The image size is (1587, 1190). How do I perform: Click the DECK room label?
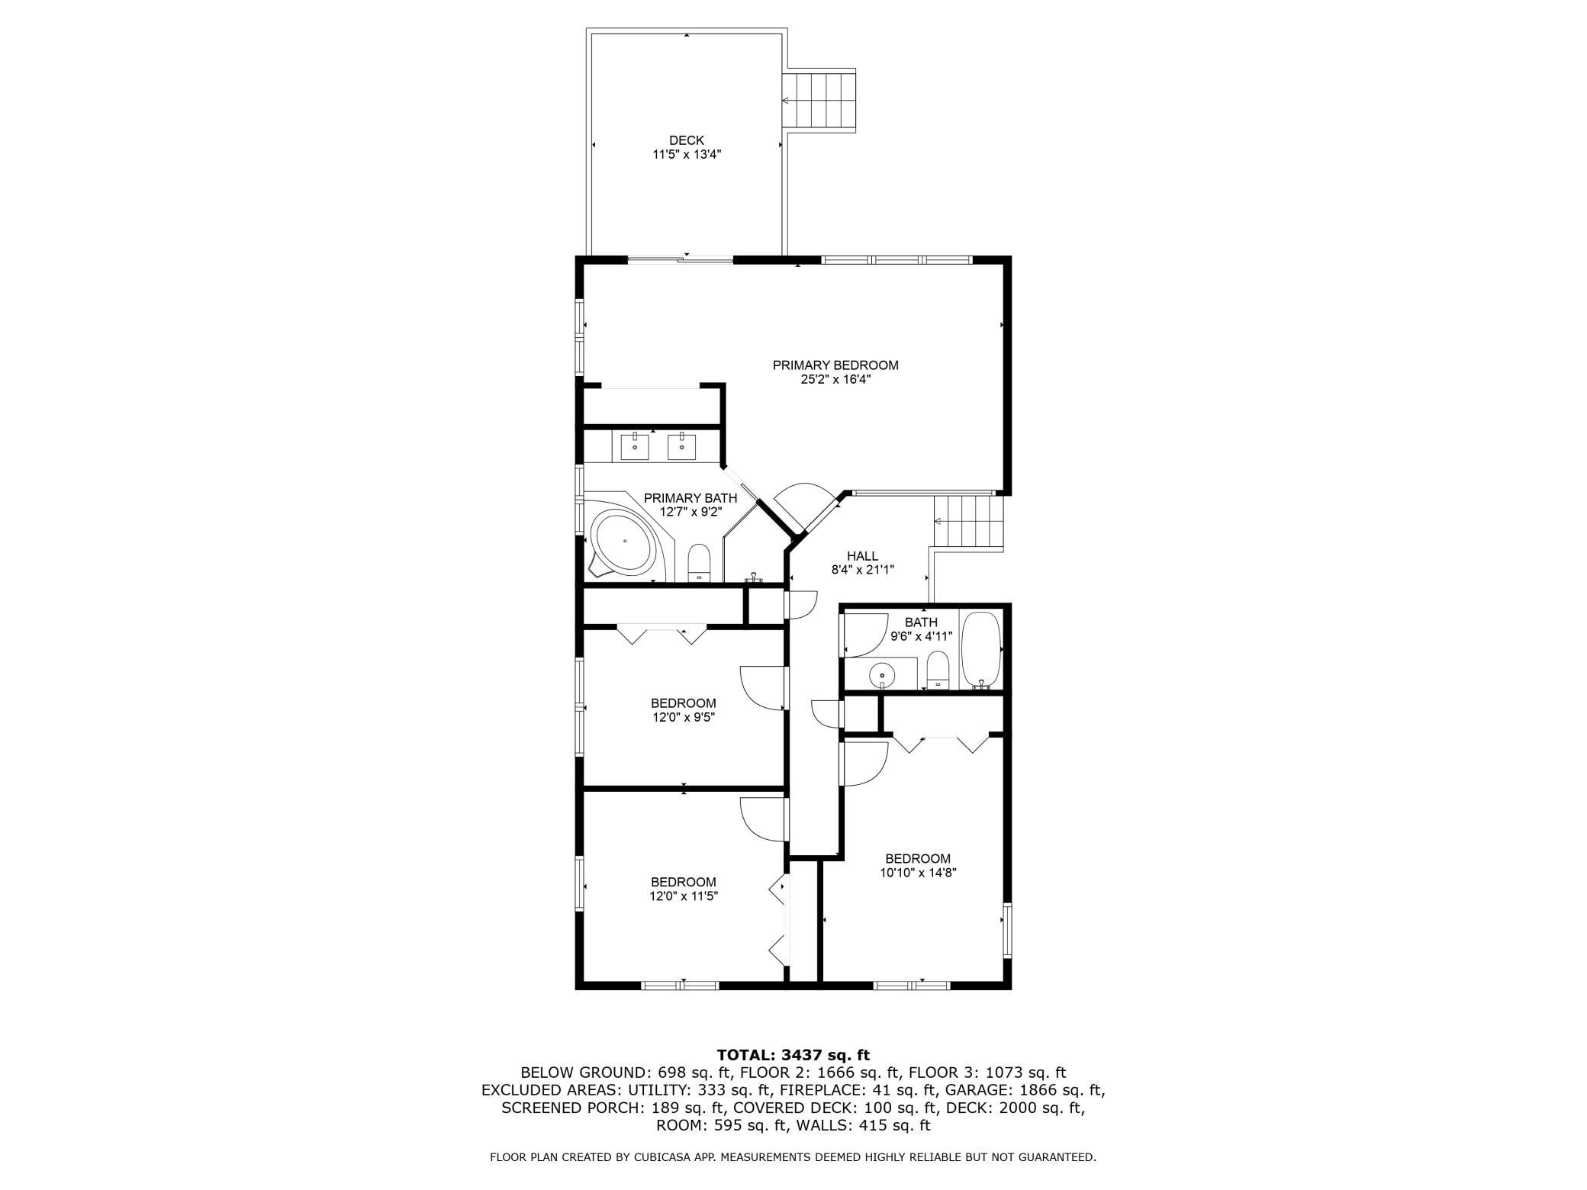[687, 140]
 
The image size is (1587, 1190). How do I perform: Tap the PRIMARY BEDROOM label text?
[835, 365]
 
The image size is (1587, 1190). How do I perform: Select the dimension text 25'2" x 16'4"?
[835, 380]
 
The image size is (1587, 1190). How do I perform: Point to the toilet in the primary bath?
[699, 564]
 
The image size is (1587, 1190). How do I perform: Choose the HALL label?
[862, 556]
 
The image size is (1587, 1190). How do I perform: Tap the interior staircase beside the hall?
[967, 522]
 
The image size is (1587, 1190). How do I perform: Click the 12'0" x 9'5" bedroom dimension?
[683, 718]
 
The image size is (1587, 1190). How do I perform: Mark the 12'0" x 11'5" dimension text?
[684, 897]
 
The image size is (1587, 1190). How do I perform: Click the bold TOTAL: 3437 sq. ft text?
[793, 1056]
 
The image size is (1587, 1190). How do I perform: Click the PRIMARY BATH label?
[690, 498]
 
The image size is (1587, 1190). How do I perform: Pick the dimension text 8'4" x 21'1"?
[862, 569]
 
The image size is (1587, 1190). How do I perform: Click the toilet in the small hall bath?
[937, 671]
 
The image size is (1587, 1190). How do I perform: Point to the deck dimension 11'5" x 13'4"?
[687, 154]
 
